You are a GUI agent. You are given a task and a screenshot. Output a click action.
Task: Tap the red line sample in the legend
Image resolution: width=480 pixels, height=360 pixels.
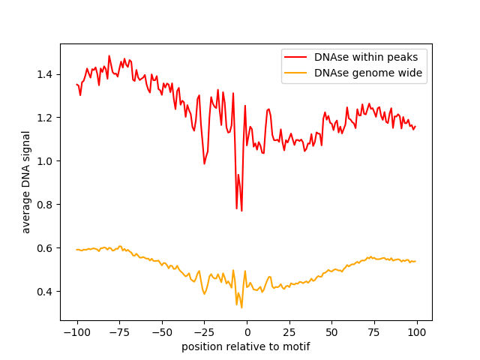coord(297,56)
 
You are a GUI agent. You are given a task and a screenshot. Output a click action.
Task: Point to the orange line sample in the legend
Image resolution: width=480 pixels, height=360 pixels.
coord(297,73)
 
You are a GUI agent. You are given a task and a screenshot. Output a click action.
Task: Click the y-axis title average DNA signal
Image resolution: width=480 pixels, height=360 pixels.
coord(26,181)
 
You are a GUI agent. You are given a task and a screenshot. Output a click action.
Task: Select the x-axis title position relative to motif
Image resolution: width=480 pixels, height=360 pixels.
coord(245,347)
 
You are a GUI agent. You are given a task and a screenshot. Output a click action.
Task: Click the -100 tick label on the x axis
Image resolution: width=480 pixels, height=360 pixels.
coord(76,331)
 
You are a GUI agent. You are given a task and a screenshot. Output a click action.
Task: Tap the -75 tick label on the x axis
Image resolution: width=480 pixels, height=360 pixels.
coord(119,331)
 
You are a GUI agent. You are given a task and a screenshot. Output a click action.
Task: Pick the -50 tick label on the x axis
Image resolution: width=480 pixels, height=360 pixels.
coord(161,331)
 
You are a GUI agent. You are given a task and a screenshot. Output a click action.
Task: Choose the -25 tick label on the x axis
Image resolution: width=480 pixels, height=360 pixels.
coord(204,331)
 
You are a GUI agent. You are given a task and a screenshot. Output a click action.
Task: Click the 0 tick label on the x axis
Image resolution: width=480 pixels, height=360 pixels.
coord(247,331)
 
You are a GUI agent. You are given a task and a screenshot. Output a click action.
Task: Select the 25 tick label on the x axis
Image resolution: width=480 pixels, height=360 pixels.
coord(289,331)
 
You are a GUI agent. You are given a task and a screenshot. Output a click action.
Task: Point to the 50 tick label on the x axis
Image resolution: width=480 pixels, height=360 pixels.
coord(331,331)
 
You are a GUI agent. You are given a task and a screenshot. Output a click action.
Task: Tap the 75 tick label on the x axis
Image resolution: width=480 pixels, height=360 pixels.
coord(374,331)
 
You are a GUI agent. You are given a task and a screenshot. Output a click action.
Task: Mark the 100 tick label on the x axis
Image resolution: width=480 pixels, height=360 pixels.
coord(416,331)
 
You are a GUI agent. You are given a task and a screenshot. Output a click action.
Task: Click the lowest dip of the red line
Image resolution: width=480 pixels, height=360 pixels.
coord(241,211)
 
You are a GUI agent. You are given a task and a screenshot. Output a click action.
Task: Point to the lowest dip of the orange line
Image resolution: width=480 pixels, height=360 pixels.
coord(241,307)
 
